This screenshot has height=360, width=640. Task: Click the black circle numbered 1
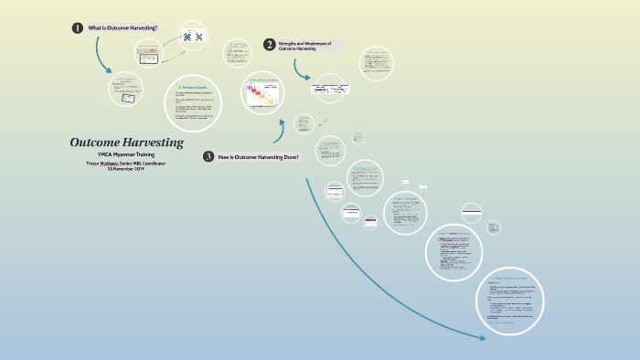click(78, 28)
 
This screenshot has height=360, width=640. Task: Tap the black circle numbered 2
click(269, 44)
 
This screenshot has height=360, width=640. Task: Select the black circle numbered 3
click(208, 156)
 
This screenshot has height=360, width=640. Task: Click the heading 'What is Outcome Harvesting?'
click(123, 28)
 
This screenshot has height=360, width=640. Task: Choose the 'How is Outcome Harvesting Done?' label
click(259, 157)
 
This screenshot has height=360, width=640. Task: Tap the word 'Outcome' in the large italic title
click(93, 143)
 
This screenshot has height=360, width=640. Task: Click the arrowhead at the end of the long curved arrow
click(484, 338)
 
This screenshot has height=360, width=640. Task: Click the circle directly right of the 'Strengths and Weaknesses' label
click(378, 62)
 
